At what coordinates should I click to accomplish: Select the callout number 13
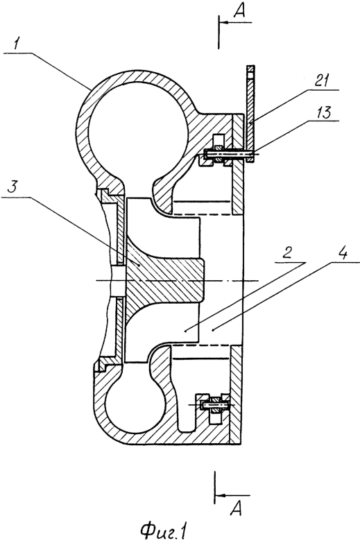(323, 112)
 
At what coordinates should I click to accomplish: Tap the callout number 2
(287, 254)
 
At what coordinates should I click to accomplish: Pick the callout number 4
(342, 253)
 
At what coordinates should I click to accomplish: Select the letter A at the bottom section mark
(236, 508)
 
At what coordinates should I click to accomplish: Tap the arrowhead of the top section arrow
(224, 22)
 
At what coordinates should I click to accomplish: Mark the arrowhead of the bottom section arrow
(221, 495)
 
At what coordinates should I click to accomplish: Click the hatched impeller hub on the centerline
(163, 279)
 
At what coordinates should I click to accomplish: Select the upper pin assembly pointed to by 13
(229, 154)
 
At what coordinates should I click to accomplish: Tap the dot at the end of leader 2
(186, 331)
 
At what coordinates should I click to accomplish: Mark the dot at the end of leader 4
(213, 331)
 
